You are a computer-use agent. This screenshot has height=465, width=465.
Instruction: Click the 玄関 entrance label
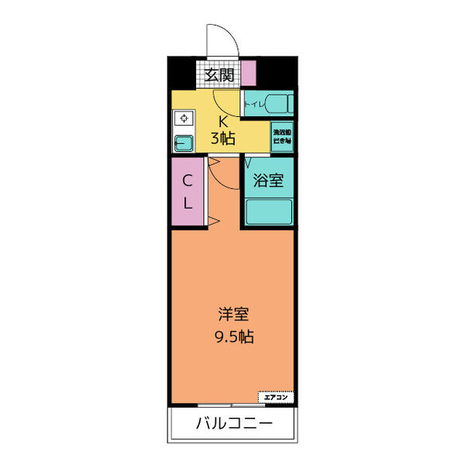220,75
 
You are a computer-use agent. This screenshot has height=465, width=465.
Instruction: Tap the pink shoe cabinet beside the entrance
248,73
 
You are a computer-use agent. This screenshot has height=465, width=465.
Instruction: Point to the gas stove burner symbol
184,119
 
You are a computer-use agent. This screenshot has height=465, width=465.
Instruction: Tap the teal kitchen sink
184,143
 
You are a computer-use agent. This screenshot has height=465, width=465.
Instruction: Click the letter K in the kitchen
222,121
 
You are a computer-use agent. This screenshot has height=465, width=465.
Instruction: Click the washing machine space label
281,136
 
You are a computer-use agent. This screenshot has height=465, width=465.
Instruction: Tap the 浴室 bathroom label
269,181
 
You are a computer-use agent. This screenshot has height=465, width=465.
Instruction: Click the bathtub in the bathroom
269,212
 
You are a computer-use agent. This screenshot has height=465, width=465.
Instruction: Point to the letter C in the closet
188,181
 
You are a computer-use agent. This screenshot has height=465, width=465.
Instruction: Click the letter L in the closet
188,203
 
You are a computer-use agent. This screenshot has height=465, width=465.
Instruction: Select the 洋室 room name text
233,315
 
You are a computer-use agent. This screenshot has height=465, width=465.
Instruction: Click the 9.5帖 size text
233,337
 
